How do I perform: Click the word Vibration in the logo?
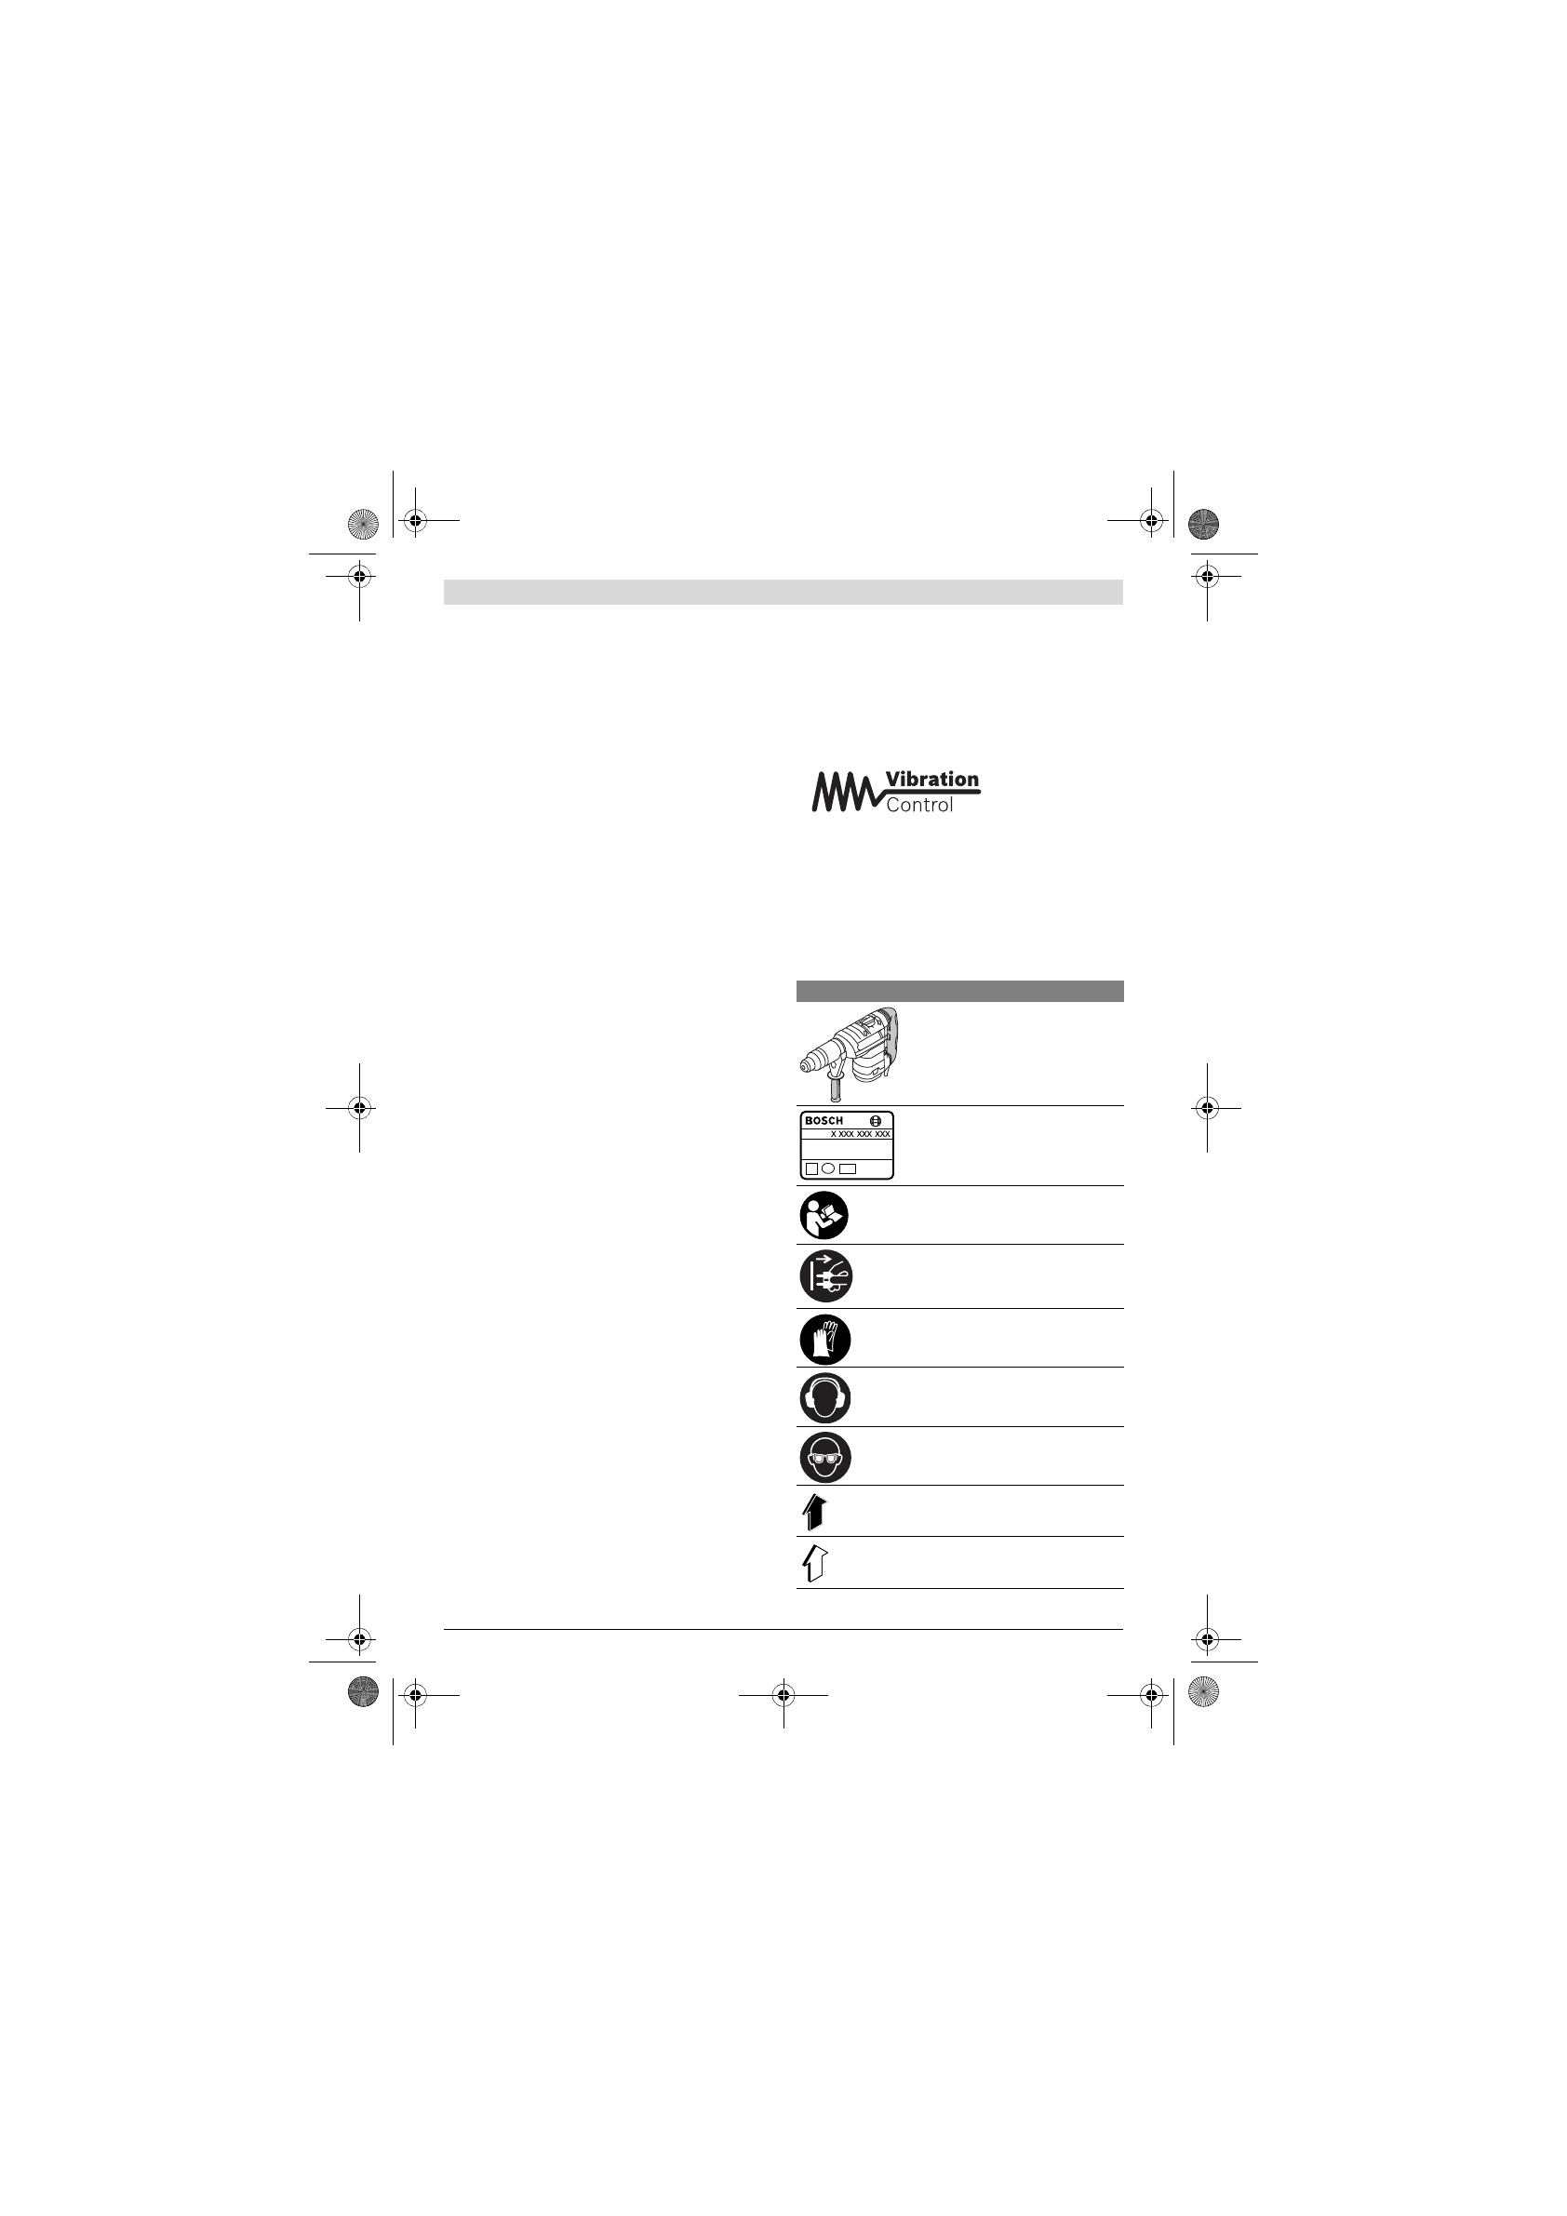(x=931, y=779)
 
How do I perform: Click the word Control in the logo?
(x=919, y=805)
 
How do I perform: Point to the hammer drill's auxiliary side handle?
(x=836, y=1086)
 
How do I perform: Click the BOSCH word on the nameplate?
(x=824, y=1120)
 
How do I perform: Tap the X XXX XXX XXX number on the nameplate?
(x=860, y=1134)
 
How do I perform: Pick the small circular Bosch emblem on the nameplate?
(x=876, y=1120)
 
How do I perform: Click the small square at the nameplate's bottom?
(x=812, y=1168)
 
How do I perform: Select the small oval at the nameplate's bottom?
(x=828, y=1168)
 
